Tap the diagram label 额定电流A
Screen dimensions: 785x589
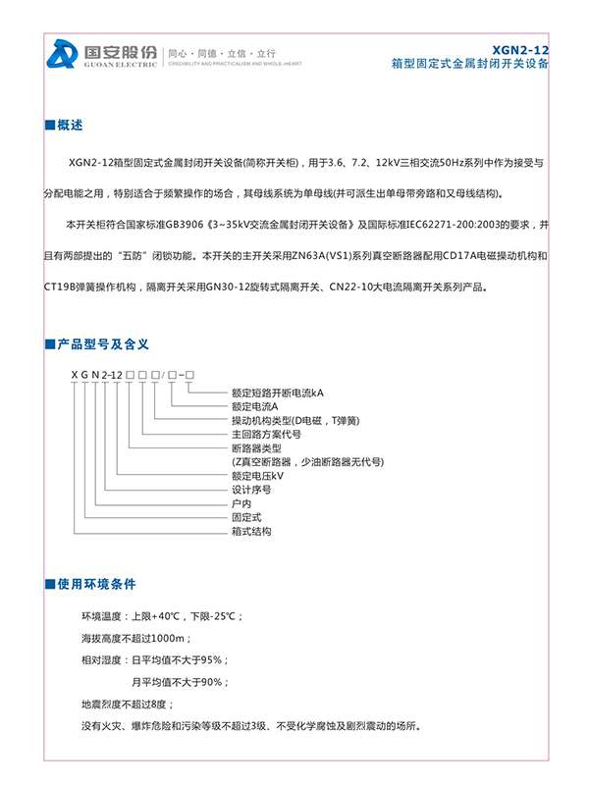(254, 405)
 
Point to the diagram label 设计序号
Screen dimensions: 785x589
(250, 489)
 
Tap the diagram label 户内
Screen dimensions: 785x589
(241, 502)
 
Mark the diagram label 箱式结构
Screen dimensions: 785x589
(250, 531)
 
